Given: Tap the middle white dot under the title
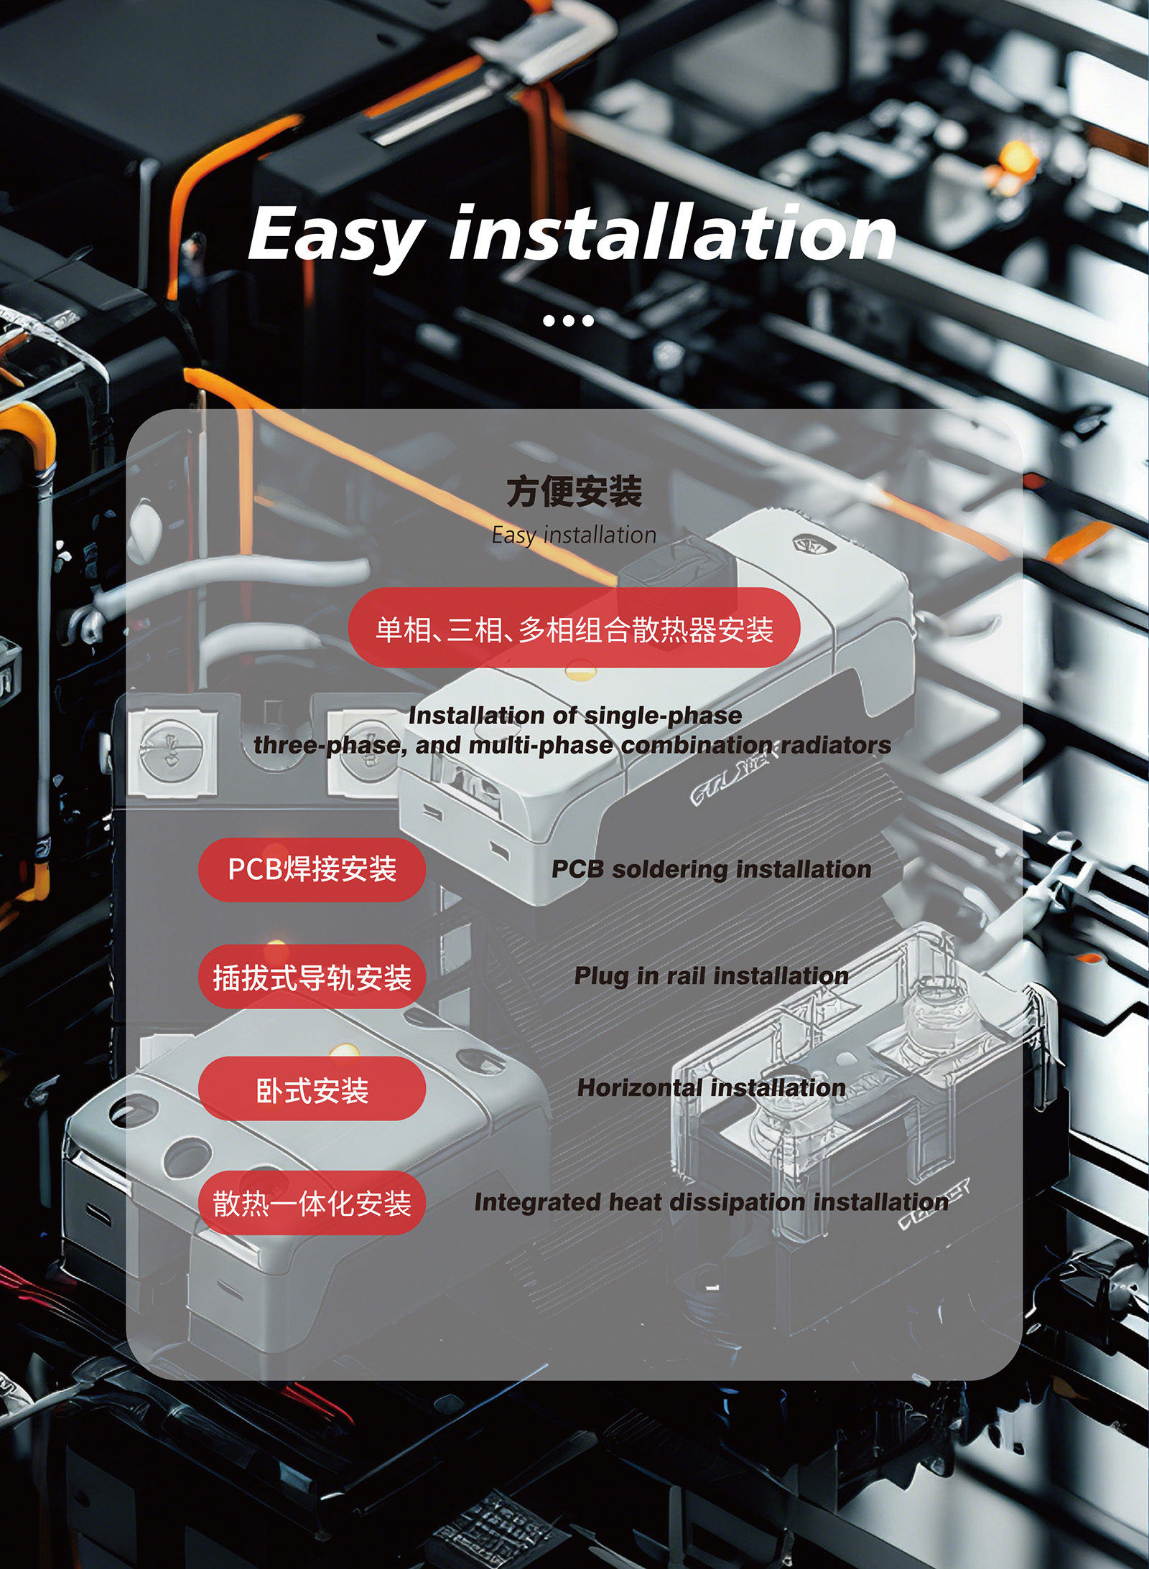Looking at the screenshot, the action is coord(569,320).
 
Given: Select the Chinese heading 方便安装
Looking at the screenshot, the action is coord(574,492).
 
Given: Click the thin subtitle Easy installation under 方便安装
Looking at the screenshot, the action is coord(574,535).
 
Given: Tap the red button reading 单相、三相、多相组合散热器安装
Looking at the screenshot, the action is coord(574,628).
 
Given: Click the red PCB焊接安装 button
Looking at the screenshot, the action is coord(312,869).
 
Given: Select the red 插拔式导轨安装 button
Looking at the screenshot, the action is coord(312,977).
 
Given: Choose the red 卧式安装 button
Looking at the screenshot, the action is coord(312,1089).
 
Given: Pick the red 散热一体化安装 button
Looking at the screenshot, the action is coord(312,1203).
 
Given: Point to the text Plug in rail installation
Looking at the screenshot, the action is coord(711,976).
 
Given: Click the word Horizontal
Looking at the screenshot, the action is coord(639,1088).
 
